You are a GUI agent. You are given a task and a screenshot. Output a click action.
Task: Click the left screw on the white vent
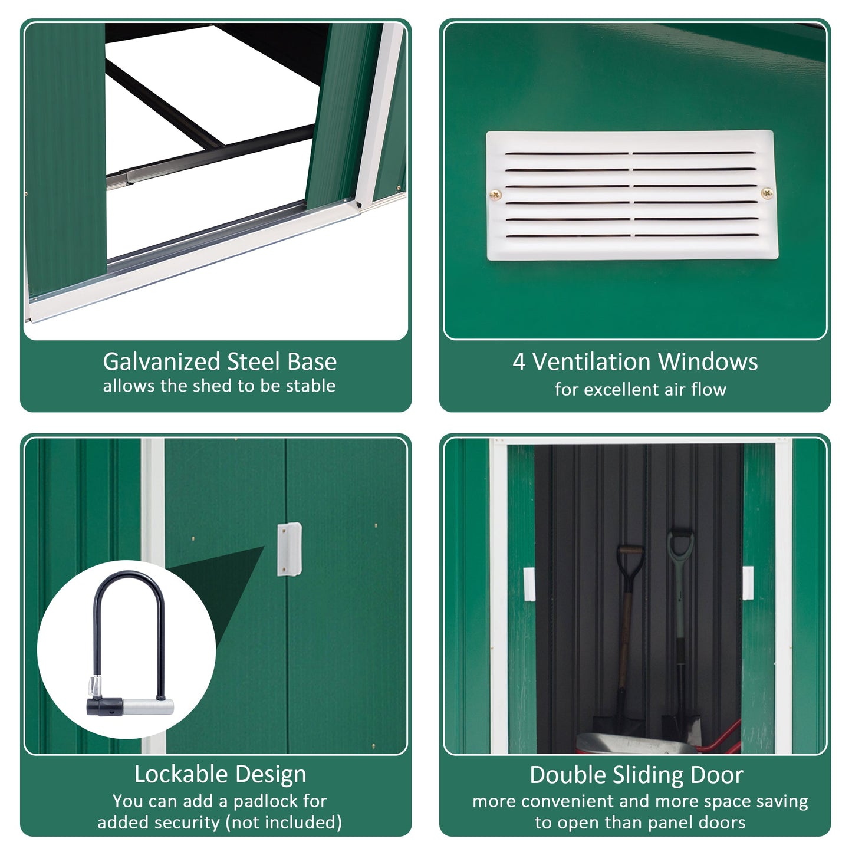tap(496, 195)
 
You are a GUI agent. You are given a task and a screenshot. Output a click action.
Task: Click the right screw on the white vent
tap(767, 193)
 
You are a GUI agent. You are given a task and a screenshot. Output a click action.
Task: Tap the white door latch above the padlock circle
tap(290, 549)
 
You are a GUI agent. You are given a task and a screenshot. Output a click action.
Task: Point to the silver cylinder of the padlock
tap(147, 706)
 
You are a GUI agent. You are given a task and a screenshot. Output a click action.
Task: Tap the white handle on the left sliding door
tap(529, 584)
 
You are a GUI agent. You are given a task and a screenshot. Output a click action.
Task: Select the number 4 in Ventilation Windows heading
tap(518, 361)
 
